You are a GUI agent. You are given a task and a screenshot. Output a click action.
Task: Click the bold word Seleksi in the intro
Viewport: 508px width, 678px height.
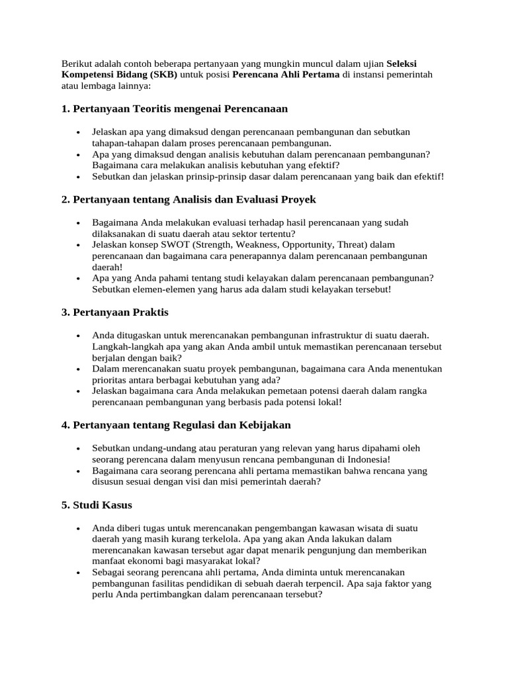402,63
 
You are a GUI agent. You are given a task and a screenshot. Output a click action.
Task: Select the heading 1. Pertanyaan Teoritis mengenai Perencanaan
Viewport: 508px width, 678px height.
175,108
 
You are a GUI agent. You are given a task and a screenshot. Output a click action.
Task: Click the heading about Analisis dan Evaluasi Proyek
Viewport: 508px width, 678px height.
189,199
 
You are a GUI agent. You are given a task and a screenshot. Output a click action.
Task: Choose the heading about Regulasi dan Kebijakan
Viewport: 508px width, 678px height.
176,424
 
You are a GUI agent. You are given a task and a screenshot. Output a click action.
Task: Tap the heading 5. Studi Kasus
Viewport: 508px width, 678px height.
97,505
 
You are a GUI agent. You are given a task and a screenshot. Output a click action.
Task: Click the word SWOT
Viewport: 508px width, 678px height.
172,244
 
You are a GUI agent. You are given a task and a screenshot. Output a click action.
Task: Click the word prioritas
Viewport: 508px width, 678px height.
113,380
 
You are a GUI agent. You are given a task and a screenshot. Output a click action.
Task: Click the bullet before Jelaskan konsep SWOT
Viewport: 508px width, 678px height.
79,244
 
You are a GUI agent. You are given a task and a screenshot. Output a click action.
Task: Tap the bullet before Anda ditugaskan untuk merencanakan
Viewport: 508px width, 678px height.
79,335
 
